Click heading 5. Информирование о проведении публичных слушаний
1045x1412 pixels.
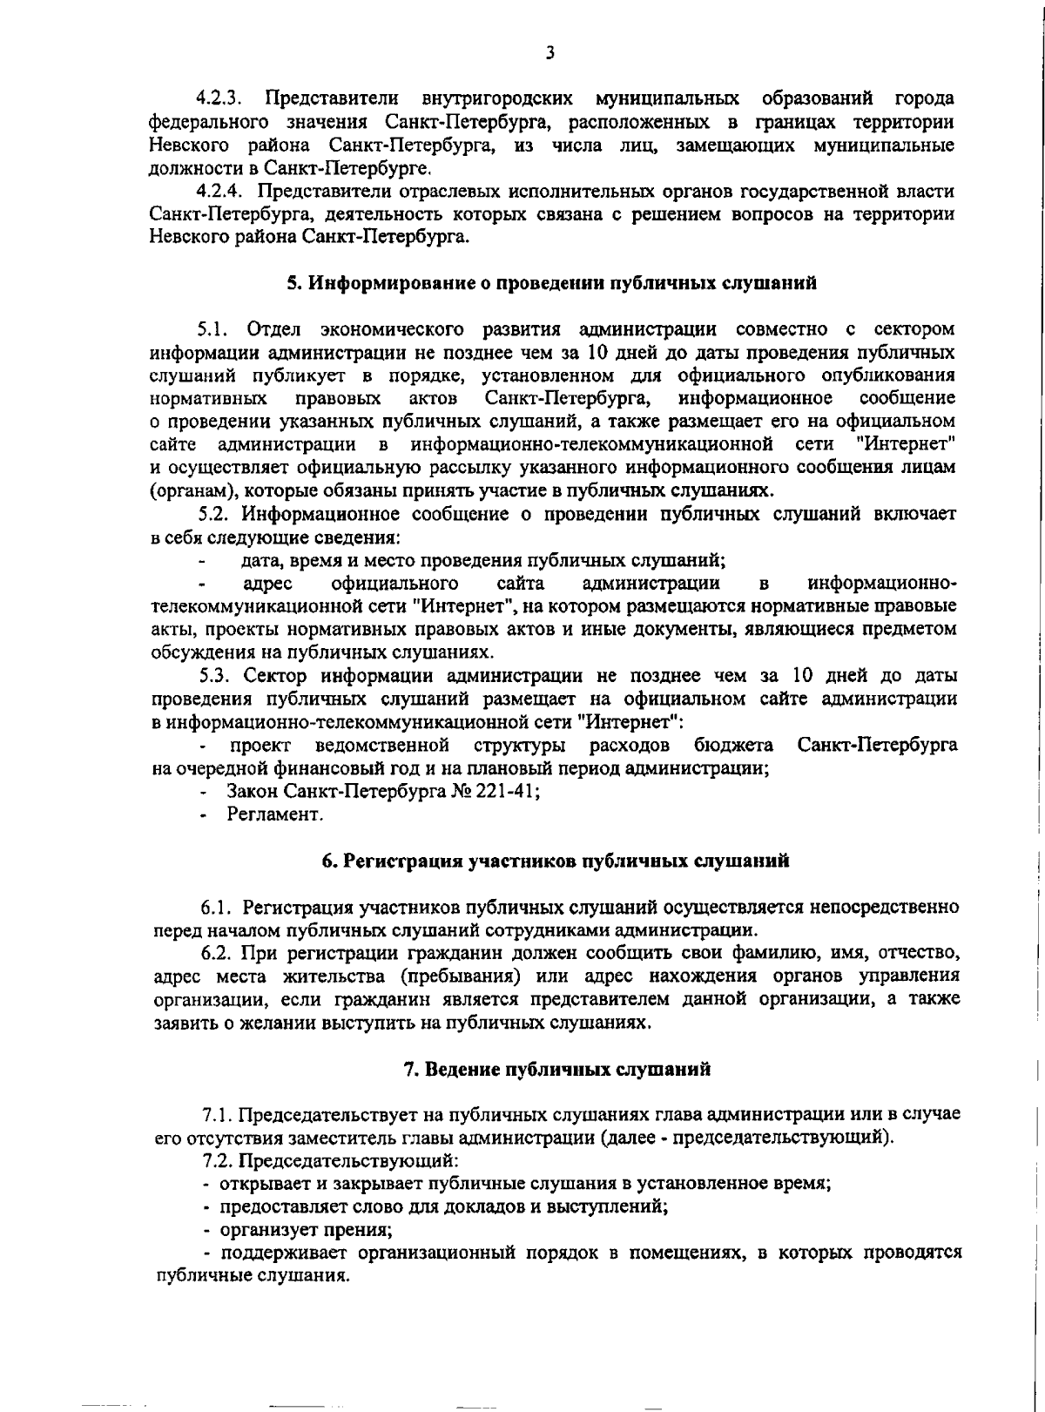point(552,283)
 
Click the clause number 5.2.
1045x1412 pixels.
point(214,514)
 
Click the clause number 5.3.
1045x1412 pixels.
point(216,675)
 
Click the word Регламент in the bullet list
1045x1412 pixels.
point(275,814)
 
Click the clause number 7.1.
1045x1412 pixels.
point(218,1115)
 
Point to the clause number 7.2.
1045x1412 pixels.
point(218,1161)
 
